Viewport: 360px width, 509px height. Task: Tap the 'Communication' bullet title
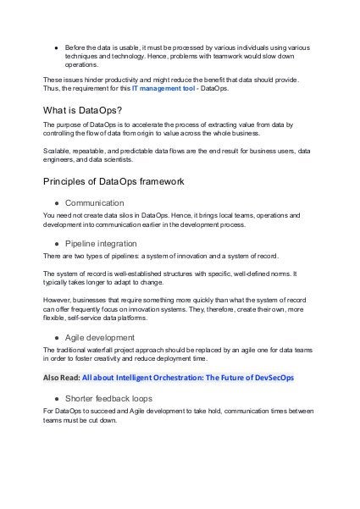click(x=94, y=203)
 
